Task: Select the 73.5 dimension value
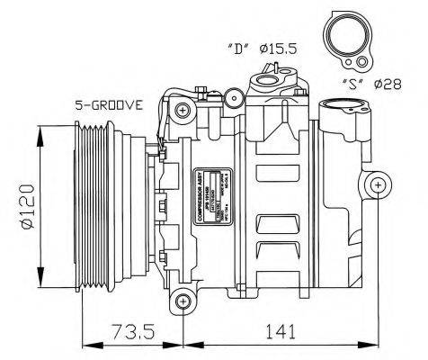coord(133,332)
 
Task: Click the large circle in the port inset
coord(344,37)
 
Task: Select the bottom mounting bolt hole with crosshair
coord(183,300)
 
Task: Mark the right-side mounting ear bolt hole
coord(378,185)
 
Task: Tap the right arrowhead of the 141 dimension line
coord(373,345)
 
